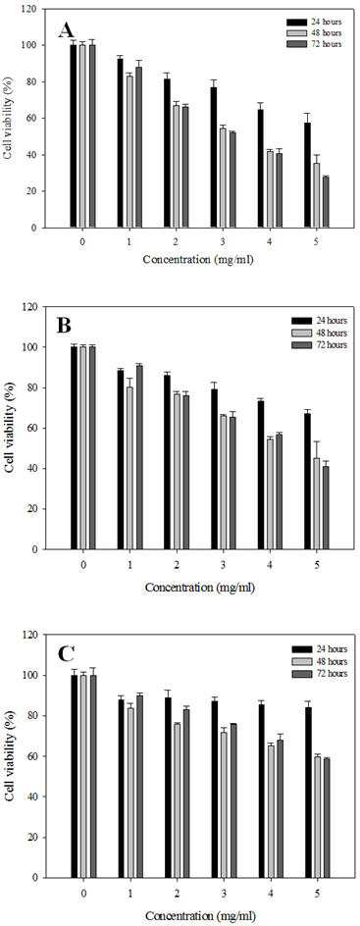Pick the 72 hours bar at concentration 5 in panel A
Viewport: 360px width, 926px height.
click(327, 202)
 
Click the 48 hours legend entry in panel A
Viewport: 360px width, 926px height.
click(312, 32)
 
